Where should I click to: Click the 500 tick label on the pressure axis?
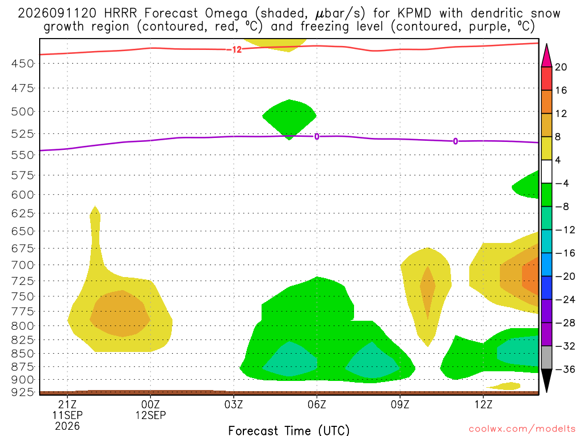22,112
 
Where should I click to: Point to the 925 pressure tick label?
22,392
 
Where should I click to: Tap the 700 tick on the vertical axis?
22,265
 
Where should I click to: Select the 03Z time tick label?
233,404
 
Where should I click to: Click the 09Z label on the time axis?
400,404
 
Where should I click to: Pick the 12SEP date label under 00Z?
150,415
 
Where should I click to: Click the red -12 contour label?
235,50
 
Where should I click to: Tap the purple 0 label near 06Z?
317,137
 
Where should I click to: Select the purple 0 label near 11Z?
456,141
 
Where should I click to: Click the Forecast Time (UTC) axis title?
289,430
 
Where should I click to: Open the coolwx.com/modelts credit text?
522,429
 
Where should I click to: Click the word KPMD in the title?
414,14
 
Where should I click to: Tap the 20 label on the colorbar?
561,67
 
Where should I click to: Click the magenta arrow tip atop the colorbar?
546,44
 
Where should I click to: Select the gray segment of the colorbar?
546,358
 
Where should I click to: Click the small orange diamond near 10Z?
428,289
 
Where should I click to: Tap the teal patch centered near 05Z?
290,359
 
